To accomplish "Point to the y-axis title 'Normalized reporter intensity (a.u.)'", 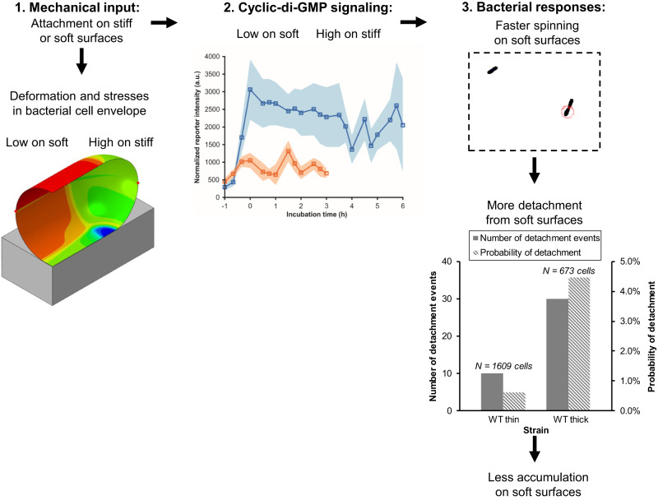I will point(199,123).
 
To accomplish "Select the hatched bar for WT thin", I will point(513,400).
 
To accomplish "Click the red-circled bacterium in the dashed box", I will point(568,109).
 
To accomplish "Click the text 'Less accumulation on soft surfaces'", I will point(535,483).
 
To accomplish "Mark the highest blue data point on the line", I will point(250,90).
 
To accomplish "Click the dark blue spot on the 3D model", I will point(102,233).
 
